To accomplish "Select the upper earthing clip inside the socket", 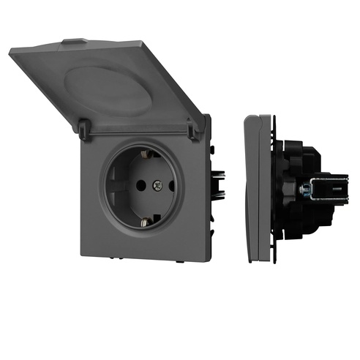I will pyautogui.click(x=149, y=155).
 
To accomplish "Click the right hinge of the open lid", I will pyautogui.click(x=195, y=130).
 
